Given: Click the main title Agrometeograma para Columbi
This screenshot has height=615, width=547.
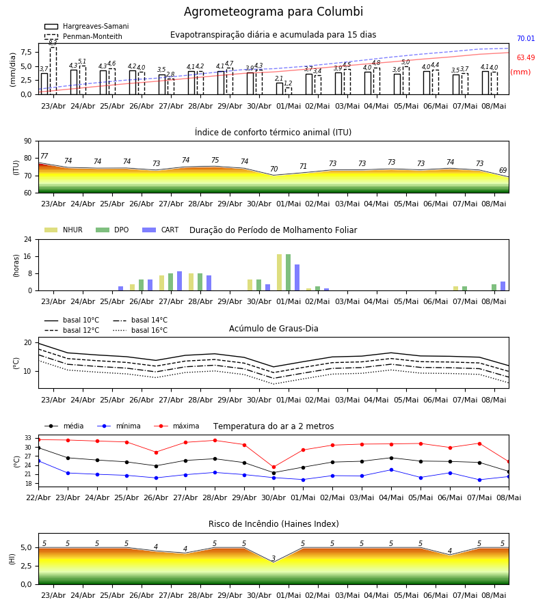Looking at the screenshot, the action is pos(273,12).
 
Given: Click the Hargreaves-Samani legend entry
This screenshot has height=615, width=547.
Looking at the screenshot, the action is pos(87,26).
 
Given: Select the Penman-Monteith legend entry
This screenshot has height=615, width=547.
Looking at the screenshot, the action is pos(83,36).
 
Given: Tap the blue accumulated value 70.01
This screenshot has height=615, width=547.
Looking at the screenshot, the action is pos(526,38).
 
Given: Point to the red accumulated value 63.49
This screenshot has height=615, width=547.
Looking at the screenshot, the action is pos(526,57).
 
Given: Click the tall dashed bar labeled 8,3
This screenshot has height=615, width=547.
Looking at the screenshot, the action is pos(53,70).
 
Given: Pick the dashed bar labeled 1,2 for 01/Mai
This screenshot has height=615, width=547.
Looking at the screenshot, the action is pos(289,91).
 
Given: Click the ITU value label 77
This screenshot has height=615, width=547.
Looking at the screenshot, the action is pos(44,156).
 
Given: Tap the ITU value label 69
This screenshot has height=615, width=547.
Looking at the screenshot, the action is pos(503,170).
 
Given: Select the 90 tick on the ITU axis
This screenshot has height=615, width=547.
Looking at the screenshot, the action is pos(27,141).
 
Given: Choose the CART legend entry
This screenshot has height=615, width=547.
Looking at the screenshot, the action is pos(161,230).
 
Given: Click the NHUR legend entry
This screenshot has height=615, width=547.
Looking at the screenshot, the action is pos(64,230).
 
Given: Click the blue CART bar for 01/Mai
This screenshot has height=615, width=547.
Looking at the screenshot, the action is pos(297,277).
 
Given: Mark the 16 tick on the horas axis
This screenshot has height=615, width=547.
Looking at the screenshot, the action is pos(27,256).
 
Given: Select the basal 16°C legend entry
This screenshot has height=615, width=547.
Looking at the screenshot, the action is pos(140,330).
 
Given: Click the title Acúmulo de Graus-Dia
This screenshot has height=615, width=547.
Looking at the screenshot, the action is pos(273,329).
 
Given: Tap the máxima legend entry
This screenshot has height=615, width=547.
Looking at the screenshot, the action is pos(177,426).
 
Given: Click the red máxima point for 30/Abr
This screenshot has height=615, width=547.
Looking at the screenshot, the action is pos(274,467).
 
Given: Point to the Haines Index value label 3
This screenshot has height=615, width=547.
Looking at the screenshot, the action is pos(273,558).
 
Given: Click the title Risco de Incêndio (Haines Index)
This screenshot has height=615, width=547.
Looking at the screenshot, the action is pos(273,524).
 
